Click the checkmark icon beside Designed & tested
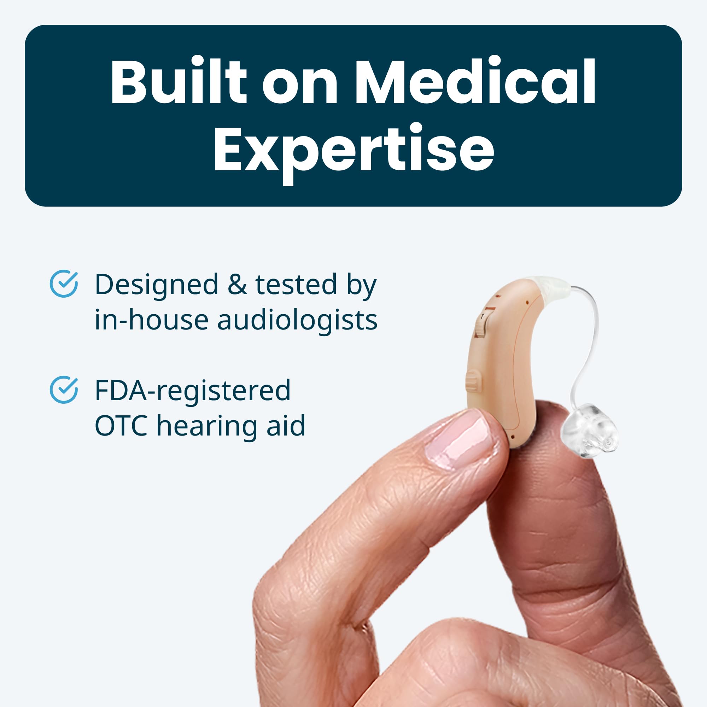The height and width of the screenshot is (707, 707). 64,284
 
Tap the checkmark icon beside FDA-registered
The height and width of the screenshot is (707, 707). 64,390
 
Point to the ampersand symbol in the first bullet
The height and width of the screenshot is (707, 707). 237,284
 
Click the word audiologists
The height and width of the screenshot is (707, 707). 297,320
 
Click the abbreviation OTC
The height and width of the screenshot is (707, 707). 121,426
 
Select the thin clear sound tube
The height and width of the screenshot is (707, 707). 588,342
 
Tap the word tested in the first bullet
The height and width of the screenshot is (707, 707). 296,284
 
